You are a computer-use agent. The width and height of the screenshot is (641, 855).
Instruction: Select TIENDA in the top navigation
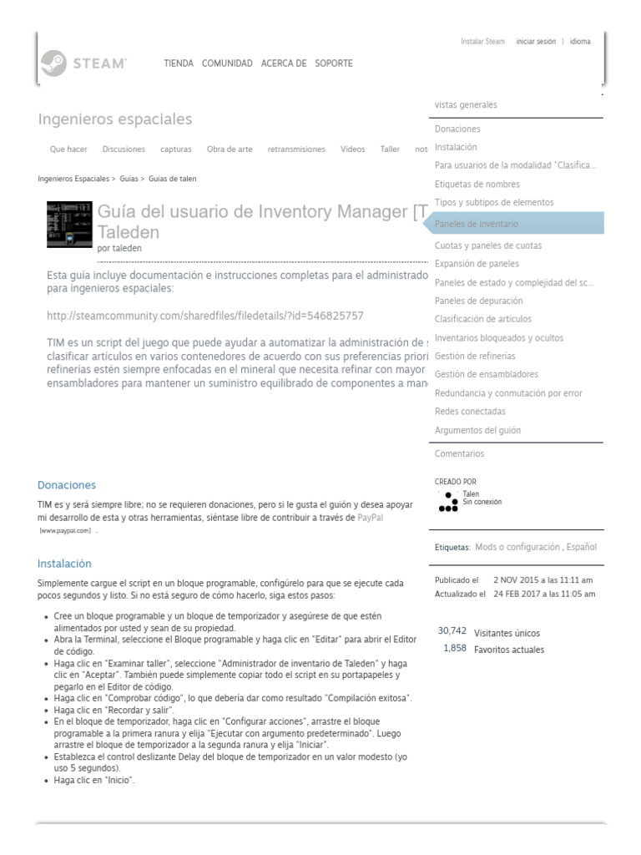point(179,63)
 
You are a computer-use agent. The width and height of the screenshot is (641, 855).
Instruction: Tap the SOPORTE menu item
point(333,63)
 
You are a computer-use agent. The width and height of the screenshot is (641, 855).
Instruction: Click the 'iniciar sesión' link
point(536,41)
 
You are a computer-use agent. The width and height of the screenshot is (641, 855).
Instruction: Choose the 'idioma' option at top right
point(580,41)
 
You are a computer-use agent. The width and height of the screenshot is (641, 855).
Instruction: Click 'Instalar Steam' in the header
point(482,41)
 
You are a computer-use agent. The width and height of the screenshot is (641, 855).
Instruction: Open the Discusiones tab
point(124,149)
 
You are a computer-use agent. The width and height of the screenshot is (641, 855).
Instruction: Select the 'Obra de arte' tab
point(230,149)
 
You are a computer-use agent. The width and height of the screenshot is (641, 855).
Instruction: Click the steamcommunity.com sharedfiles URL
point(205,316)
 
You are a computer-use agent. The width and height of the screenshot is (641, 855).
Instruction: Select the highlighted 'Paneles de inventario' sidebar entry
point(477,225)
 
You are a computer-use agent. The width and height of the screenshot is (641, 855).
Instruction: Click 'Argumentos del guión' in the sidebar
point(477,430)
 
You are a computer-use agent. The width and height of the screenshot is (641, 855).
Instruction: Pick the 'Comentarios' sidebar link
point(459,454)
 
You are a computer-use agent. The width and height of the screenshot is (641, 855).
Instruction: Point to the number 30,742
point(452,631)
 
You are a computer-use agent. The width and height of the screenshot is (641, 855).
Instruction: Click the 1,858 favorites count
point(455,649)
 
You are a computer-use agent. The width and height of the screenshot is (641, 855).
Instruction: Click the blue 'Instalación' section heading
point(64,564)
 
